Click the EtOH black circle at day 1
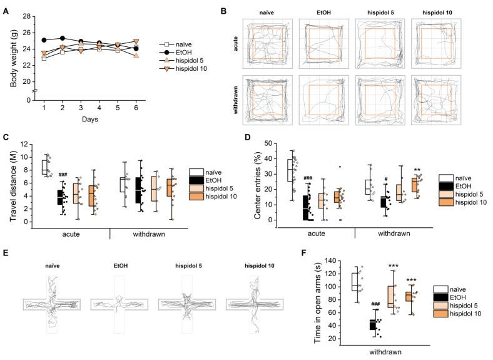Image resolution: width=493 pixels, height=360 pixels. (x=44, y=40)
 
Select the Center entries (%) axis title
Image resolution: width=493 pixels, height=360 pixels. (x=254, y=182)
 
